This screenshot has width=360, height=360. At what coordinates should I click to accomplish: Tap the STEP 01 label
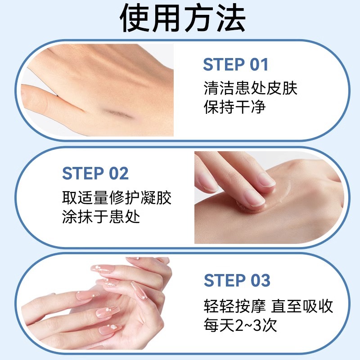235,65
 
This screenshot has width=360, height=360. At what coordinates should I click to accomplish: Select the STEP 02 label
95,173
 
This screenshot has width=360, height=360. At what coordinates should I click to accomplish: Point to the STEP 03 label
237,280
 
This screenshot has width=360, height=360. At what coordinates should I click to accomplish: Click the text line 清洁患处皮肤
250,88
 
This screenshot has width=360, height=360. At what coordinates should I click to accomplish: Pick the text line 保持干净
235,108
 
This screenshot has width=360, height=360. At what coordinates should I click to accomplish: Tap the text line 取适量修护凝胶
117,197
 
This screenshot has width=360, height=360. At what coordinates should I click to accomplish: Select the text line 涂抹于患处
101,217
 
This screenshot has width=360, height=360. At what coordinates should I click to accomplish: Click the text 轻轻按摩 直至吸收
268,306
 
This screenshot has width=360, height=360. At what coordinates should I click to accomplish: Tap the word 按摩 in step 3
251,306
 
